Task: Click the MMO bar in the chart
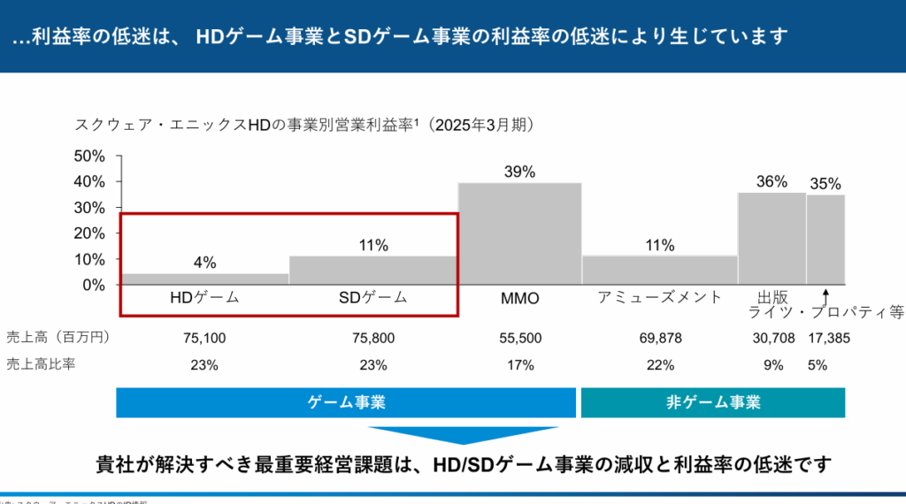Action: coord(519,233)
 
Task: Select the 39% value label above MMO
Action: coord(519,172)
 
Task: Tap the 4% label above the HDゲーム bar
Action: coord(204,263)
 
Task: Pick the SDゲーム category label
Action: coord(373,298)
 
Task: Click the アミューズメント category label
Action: coord(660,297)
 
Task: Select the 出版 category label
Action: coord(772,296)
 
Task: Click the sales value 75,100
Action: coord(204,338)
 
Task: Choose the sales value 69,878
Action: coord(660,338)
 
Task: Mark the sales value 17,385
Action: coord(826,338)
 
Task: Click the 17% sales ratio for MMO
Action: coord(519,364)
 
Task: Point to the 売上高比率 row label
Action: coord(41,364)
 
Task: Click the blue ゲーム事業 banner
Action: coord(346,402)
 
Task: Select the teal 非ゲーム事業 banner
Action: coord(712,402)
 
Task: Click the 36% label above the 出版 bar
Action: coord(772,181)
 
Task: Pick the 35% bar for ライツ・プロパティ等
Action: coord(825,239)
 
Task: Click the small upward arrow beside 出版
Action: coord(825,295)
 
